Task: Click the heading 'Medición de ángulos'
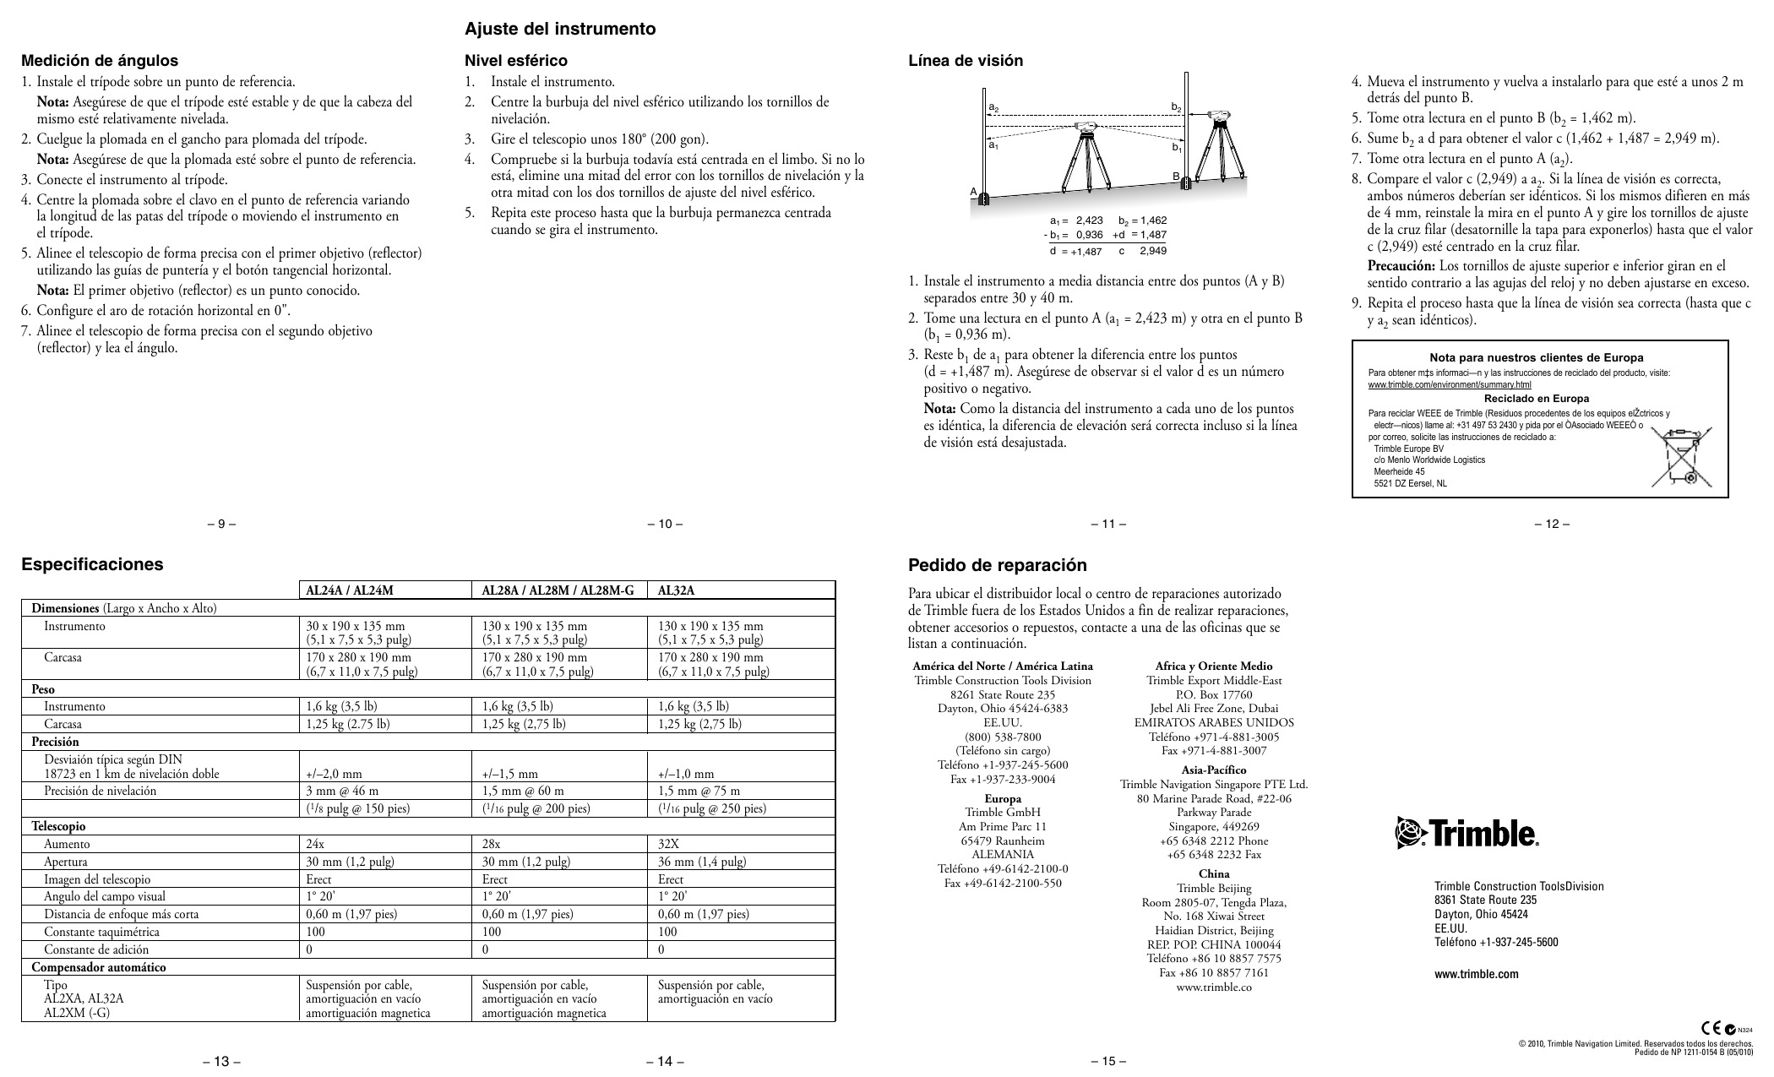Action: [100, 61]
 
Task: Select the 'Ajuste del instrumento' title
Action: [560, 29]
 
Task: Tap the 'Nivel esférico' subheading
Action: [516, 61]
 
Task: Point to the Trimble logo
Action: [1467, 833]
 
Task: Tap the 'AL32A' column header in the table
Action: [677, 590]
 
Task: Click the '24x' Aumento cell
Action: [315, 844]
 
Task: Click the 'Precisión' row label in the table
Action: [55, 742]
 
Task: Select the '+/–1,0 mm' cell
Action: [686, 774]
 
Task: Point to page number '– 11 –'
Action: [1108, 524]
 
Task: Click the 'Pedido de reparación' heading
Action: [997, 565]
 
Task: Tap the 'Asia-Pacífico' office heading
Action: [1213, 770]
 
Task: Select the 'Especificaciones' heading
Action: [92, 564]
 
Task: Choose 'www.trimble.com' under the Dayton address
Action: [1476, 974]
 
